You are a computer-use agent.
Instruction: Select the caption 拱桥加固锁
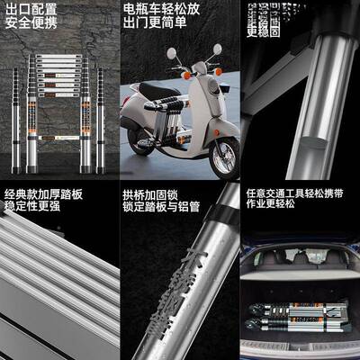(x=149, y=194)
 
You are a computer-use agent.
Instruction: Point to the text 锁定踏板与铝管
(x=161, y=208)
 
